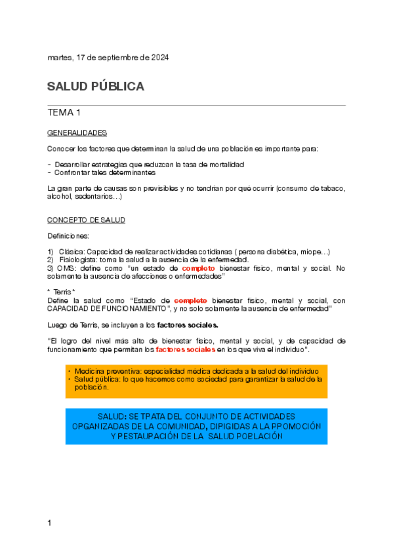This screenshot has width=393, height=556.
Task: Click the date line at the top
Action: tap(108, 58)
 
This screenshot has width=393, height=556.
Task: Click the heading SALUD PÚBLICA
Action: tap(96, 87)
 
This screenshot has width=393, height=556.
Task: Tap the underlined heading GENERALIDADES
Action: tap(77, 132)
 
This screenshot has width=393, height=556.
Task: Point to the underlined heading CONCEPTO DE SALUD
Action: tap(86, 220)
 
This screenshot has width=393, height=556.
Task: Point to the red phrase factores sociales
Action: tap(190, 349)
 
